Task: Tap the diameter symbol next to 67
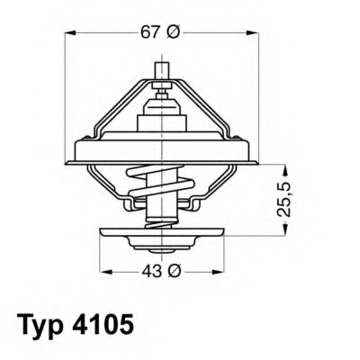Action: pyautogui.click(x=174, y=33)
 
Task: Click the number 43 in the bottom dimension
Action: pyautogui.click(x=150, y=271)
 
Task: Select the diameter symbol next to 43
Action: pyautogui.click(x=174, y=271)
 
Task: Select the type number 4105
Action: pyautogui.click(x=107, y=323)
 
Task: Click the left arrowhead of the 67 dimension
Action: pyautogui.click(x=71, y=33)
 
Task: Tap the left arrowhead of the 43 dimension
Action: pyautogui.click(x=103, y=271)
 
